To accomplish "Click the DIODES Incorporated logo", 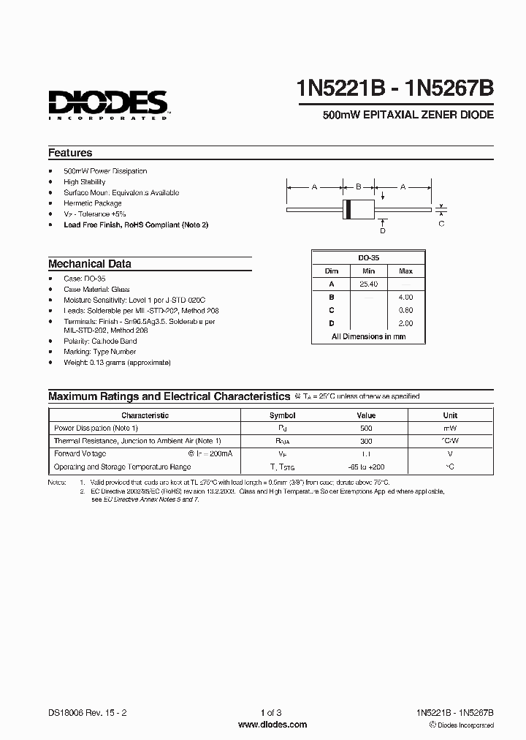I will [108, 105].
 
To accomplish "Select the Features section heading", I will [70, 153].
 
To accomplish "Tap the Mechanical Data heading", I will [90, 264].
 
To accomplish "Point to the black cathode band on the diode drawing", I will [348, 209].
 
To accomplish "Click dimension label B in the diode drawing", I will [357, 187].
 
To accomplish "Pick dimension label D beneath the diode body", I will [382, 231].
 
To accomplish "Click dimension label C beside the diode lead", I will [441, 224].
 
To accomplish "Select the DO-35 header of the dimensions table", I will [368, 257].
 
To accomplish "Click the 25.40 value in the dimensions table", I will [368, 284].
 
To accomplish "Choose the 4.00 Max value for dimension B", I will [405, 297].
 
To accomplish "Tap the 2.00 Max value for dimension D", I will [405, 323].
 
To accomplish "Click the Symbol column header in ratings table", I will [283, 415].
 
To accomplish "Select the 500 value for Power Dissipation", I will [366, 428].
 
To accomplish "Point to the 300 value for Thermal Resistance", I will [366, 441].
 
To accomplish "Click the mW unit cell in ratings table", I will [450, 428].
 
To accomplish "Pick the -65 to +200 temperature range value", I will [366, 467].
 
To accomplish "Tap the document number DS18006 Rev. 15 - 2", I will [91, 712].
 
